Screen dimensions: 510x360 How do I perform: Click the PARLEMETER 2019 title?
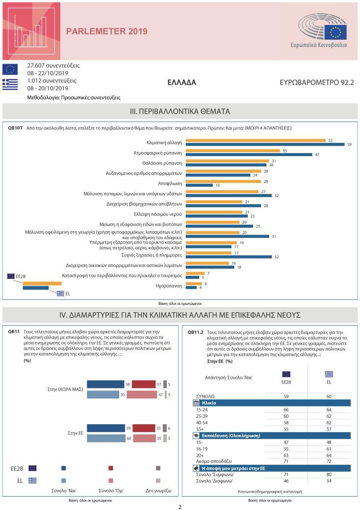click(106, 31)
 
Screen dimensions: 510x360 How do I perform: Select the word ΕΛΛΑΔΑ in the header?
click(181, 82)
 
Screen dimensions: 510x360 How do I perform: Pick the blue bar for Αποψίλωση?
click(199, 185)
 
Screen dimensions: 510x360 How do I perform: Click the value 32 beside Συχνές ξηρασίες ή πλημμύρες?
click(276, 256)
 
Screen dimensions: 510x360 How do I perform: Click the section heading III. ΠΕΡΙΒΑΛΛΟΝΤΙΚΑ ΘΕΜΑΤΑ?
click(180, 111)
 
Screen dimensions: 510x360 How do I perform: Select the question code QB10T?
click(15, 128)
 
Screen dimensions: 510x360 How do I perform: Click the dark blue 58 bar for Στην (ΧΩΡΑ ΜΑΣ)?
click(105, 384)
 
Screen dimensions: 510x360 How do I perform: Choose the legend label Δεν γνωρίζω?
click(158, 490)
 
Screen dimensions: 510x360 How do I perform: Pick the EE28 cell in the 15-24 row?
click(286, 409)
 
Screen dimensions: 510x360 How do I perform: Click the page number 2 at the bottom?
click(180, 506)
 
